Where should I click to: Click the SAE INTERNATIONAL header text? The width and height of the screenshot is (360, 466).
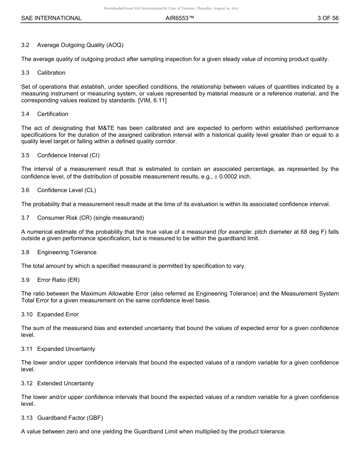click(51, 18)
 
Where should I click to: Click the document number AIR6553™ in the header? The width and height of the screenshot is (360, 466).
click(180, 18)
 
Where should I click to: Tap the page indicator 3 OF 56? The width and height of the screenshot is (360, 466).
click(328, 18)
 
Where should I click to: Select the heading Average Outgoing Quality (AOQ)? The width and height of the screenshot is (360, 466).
click(80, 45)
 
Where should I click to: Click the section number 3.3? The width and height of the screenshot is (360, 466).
click(25, 73)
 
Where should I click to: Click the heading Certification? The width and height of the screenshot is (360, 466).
click(53, 114)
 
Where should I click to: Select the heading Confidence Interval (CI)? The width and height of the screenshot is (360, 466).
click(68, 155)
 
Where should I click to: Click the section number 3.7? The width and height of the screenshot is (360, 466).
click(25, 218)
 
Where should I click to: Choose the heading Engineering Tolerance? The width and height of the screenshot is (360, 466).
click(67, 252)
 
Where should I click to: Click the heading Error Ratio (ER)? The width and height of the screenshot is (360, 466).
click(58, 280)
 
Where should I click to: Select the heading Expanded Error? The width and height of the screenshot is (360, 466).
click(58, 314)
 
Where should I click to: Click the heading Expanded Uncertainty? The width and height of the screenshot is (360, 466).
click(66, 349)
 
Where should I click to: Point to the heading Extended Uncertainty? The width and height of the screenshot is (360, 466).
click(65, 383)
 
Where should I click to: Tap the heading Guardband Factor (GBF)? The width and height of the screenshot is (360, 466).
click(70, 418)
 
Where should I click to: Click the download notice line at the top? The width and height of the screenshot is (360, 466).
click(171, 8)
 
